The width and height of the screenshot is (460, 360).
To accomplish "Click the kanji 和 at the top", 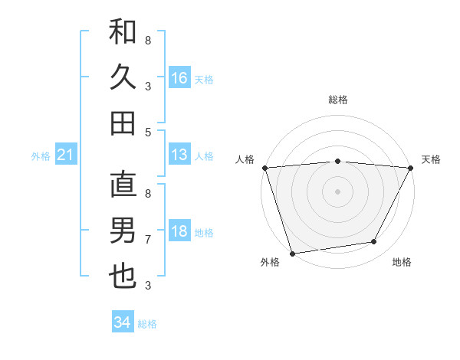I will [x=123, y=32].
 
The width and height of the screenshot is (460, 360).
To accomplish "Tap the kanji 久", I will [x=123, y=77].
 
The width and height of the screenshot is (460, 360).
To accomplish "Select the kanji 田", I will [x=123, y=123].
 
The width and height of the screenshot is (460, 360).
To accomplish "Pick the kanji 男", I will [x=123, y=230].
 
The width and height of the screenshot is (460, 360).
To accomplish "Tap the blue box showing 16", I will [x=179, y=77].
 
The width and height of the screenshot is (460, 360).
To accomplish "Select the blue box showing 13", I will [x=179, y=155].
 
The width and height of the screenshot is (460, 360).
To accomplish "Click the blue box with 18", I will [x=179, y=232].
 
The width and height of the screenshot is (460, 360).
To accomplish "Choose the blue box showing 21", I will [x=66, y=155].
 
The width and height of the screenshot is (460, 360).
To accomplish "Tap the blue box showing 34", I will [x=123, y=322].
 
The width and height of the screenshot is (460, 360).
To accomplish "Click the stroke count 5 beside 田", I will [x=148, y=132].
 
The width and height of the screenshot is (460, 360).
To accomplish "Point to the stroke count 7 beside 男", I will [x=148, y=239].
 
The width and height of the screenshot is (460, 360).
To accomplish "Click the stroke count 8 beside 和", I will [x=148, y=40].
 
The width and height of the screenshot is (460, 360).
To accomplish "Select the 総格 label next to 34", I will [x=148, y=324].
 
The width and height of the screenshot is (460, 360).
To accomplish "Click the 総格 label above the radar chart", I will [x=338, y=100].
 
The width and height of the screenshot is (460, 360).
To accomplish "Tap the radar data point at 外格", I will [x=292, y=253].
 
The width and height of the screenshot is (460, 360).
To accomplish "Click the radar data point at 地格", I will [x=374, y=242].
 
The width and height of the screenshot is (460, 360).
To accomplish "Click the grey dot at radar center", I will [x=337, y=191].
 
